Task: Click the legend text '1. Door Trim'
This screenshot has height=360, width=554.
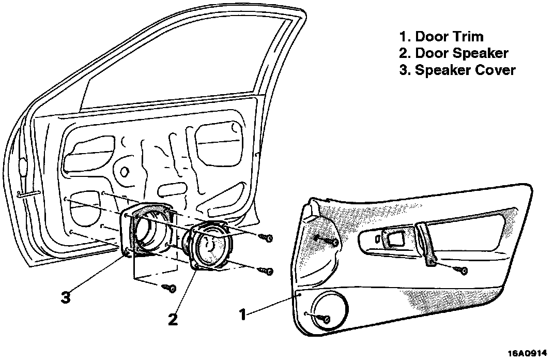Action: coord(441,37)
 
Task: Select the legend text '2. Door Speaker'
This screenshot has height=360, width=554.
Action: coord(454,53)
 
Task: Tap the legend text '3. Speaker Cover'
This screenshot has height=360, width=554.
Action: coord(457,70)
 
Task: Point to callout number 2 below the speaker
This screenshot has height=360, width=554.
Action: coord(173,319)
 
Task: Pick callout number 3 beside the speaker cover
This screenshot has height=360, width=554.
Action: coord(65,298)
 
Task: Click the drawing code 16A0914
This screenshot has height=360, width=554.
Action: coord(528,353)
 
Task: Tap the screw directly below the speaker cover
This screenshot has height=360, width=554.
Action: coord(168,287)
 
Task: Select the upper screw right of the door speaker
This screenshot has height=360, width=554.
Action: coord(267,237)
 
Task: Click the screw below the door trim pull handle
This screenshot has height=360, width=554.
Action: coord(461,270)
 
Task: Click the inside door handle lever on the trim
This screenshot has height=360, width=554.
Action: coord(395,237)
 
